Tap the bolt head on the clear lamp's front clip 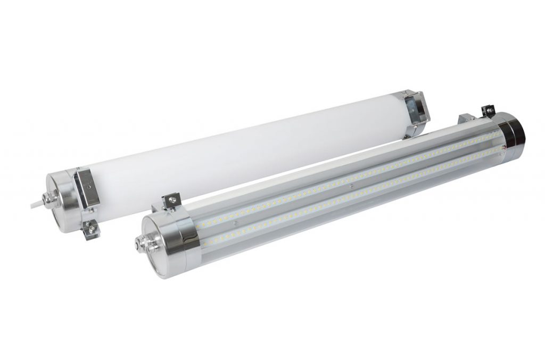171,200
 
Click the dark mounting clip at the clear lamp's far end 488,111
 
